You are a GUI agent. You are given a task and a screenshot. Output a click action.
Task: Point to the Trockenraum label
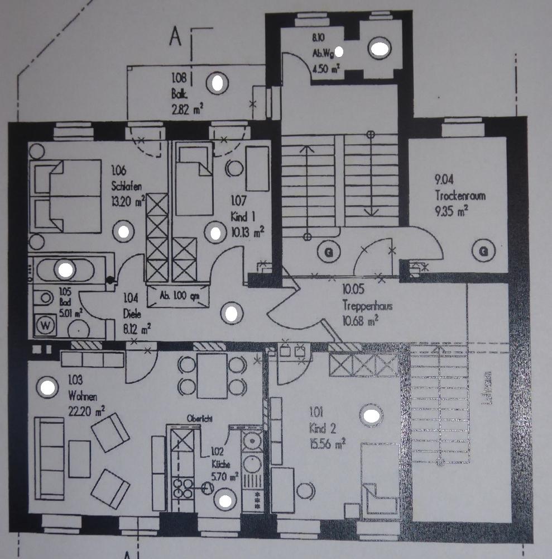461,196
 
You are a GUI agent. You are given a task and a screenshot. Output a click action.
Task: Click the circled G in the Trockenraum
483,252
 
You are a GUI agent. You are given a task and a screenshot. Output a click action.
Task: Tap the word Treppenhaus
366,306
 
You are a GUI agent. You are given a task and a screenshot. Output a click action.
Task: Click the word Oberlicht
200,418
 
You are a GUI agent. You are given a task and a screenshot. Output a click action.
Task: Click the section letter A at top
176,37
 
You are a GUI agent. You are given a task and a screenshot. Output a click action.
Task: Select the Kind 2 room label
320,429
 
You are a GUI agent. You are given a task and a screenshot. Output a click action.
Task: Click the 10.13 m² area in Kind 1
247,230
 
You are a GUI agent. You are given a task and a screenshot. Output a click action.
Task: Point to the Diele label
132,314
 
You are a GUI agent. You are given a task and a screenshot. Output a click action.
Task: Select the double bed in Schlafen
66,196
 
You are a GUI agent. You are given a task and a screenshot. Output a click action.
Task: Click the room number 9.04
445,179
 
